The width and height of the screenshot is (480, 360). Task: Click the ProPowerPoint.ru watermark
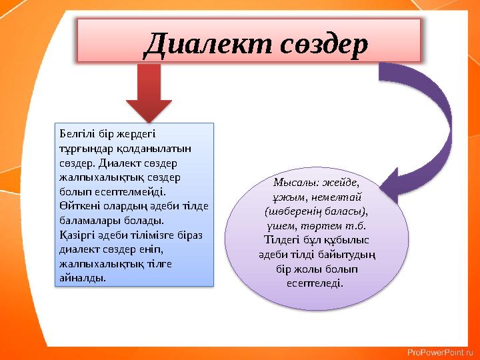click(440, 351)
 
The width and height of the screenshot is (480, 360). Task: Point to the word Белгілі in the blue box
click(77, 134)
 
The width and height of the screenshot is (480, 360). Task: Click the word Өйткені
click(78, 206)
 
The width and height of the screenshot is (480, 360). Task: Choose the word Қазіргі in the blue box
click(77, 235)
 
